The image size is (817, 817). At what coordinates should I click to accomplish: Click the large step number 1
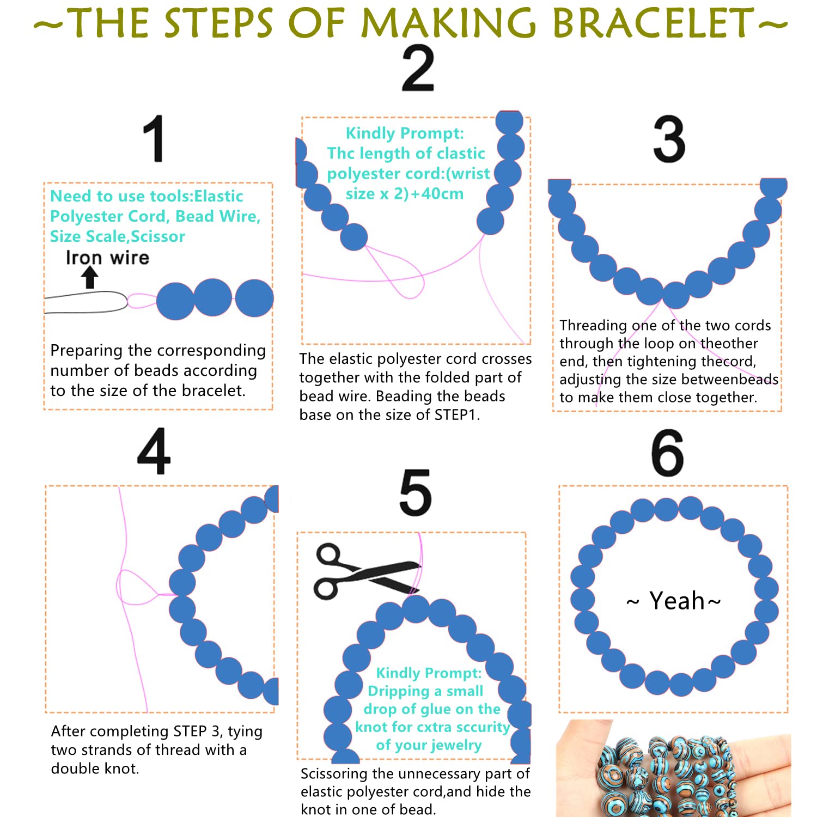(155, 138)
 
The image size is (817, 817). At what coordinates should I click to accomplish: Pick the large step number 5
(416, 492)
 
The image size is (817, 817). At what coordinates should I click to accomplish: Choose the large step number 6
(667, 453)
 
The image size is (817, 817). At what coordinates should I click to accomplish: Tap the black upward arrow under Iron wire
(90, 277)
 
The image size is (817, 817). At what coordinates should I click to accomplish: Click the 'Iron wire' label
(107, 257)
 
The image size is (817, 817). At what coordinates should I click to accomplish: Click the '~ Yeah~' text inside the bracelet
(674, 601)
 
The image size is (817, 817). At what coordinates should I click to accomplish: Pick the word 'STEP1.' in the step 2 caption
(457, 415)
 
